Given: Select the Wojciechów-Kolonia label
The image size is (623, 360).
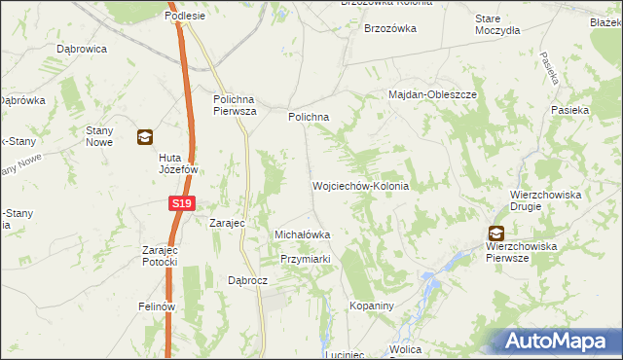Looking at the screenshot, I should (359, 185).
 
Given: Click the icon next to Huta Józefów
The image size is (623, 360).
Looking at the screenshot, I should (144, 137).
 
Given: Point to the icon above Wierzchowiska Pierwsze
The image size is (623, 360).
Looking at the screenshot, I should (495, 233).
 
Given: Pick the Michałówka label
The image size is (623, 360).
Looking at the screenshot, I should (303, 234).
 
